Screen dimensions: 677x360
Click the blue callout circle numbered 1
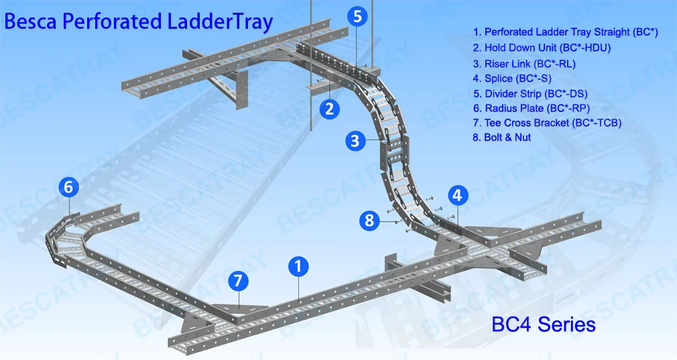[x=298, y=266]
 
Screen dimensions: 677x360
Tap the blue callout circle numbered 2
[x=330, y=109]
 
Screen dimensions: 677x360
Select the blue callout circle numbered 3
[x=355, y=141]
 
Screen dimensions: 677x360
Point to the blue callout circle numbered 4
[x=458, y=196]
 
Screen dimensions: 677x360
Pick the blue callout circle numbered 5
[x=357, y=16]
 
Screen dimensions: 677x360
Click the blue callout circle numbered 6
[x=68, y=187]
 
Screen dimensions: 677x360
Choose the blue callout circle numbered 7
[x=238, y=281]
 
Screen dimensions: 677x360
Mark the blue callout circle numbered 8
[x=369, y=220]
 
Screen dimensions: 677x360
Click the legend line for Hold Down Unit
[x=542, y=48]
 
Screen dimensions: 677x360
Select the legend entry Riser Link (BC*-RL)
[x=524, y=64]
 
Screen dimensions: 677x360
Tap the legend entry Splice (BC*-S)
[x=512, y=78]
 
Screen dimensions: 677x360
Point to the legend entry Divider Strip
[x=530, y=94]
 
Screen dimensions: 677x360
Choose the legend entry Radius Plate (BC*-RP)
[x=532, y=109]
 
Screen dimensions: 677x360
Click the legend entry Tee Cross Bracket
[x=547, y=123]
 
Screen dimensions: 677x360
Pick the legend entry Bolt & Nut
[x=501, y=137]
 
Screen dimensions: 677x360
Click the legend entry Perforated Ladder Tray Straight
[x=565, y=32]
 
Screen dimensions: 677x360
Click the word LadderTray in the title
[x=221, y=22]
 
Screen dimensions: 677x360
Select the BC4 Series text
[x=544, y=324]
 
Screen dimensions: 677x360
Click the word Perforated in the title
[x=112, y=21]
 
